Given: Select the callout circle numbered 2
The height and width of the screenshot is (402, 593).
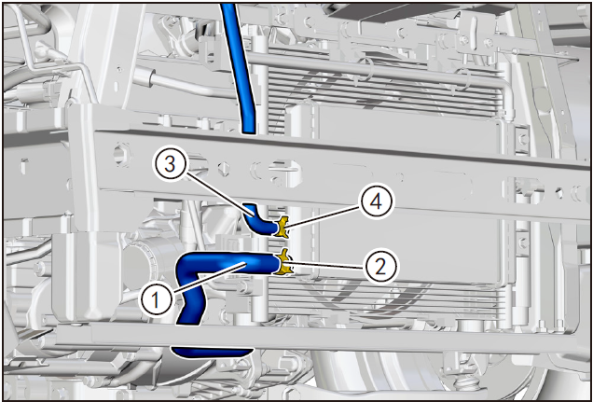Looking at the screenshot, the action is (x=380, y=268).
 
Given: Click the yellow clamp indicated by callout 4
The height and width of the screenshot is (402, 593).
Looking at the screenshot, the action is (x=282, y=228).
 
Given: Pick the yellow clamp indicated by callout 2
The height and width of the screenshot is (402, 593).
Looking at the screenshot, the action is (x=283, y=262).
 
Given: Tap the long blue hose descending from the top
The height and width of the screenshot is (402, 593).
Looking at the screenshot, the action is (x=239, y=68).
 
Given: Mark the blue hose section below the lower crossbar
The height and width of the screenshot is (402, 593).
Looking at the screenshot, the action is (x=212, y=352).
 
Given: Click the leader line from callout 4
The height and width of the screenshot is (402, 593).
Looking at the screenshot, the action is (x=323, y=216).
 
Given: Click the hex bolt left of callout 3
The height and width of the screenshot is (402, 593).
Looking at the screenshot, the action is (x=122, y=154).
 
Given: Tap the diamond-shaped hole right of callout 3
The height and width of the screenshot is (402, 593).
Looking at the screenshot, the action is (x=225, y=168).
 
